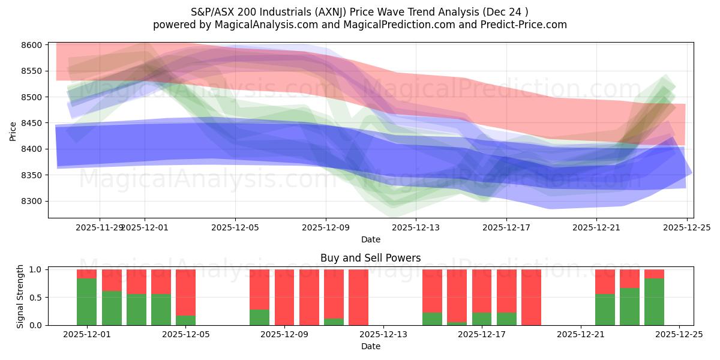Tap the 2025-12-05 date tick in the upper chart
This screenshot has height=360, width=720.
[235, 227]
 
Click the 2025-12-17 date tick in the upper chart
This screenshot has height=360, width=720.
[506, 227]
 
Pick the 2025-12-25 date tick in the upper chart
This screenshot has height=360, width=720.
[686, 227]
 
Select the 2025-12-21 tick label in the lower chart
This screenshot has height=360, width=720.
[581, 334]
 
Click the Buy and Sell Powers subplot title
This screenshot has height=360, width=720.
[370, 258]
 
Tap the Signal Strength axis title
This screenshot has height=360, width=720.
[20, 296]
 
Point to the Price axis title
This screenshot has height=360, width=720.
[13, 130]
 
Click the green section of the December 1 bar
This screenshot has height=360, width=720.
[87, 302]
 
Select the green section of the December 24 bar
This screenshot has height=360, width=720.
[654, 302]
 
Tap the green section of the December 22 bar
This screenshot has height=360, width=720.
[605, 310]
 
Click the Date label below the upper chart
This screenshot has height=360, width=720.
[370, 239]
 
